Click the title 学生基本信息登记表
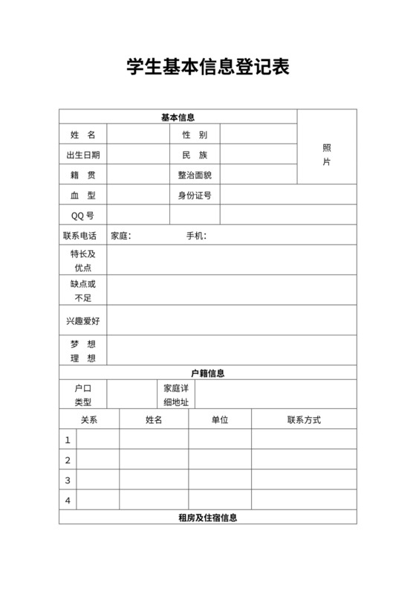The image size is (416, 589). click(207, 68)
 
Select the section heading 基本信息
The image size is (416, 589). click(178, 117)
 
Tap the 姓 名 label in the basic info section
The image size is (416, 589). click(83, 135)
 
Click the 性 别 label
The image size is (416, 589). click(195, 135)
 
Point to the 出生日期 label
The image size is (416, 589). click(83, 155)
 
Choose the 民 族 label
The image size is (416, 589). click(195, 155)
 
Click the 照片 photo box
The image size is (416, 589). click(327, 154)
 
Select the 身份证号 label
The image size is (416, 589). click(195, 196)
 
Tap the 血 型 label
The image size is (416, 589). click(83, 196)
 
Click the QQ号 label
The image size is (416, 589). click(83, 216)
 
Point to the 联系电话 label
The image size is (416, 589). click(83, 236)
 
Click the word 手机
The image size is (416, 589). click(195, 236)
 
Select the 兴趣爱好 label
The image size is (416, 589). click(83, 321)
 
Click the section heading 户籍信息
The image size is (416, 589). click(208, 373)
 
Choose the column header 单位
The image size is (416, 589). click(220, 419)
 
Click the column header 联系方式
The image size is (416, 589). click(304, 419)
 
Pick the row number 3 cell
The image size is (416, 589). click(68, 480)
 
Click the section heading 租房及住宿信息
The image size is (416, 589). click(208, 518)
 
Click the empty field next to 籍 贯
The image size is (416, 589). click(138, 176)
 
